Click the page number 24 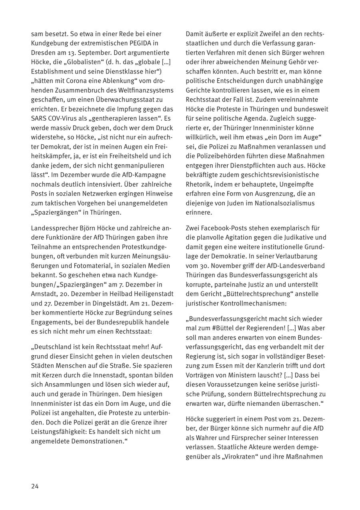(35, 486)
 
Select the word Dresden (43, 53)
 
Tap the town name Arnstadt (44, 294)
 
